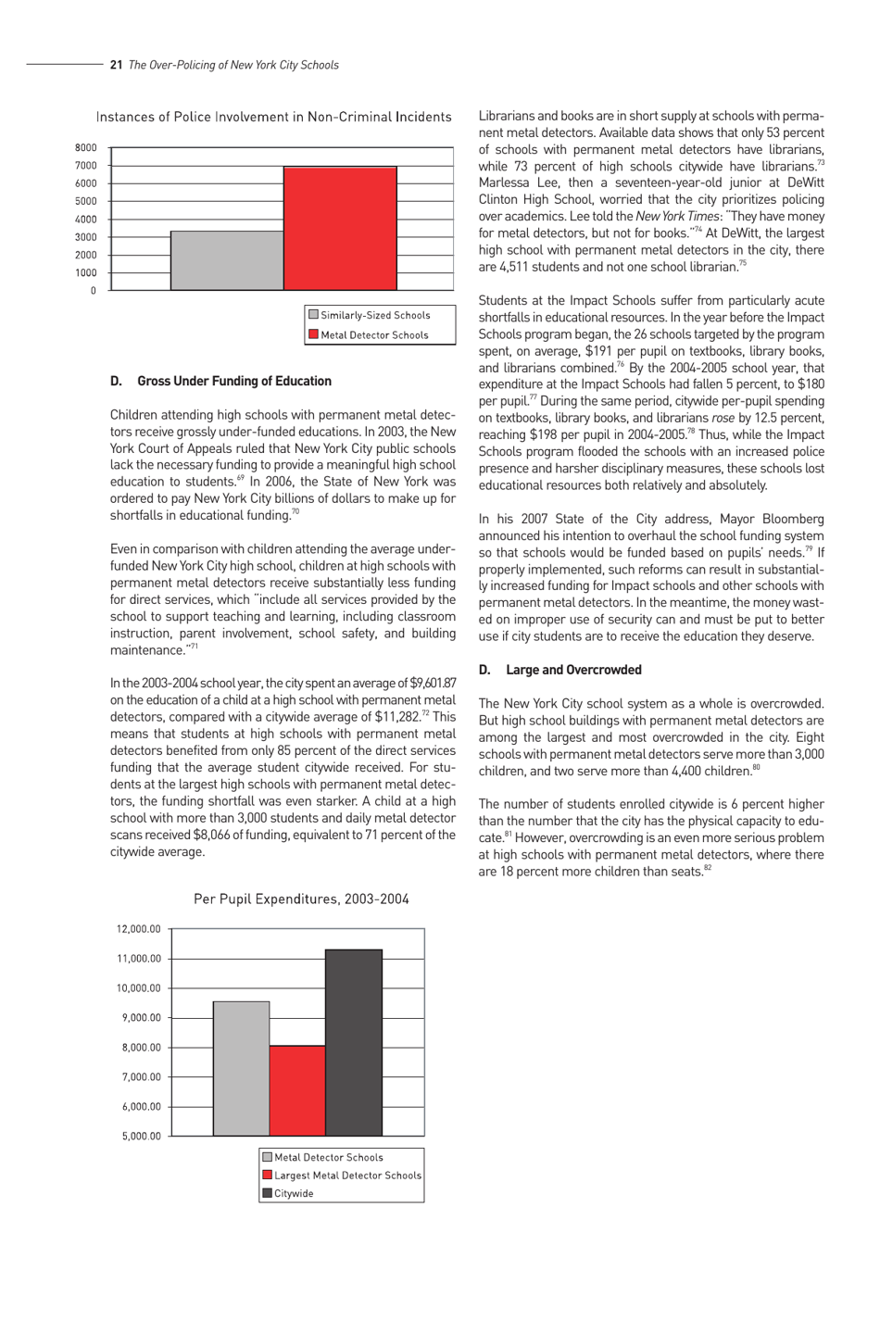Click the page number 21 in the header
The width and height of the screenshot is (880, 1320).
pyautogui.click(x=116, y=65)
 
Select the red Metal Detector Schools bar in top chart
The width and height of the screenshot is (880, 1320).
pyautogui.click(x=340, y=228)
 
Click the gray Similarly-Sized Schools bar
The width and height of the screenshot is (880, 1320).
pyautogui.click(x=227, y=260)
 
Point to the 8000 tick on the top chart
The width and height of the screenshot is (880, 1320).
pyautogui.click(x=85, y=148)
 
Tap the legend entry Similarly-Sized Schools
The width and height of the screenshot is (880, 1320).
pyautogui.click(x=374, y=316)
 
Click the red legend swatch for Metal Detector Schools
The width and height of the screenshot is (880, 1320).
pyautogui.click(x=313, y=334)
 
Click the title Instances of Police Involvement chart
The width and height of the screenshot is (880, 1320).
pyautogui.click(x=273, y=117)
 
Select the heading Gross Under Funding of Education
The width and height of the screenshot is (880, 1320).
pyautogui.click(x=233, y=381)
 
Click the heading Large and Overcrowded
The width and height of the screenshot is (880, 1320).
pyautogui.click(x=573, y=670)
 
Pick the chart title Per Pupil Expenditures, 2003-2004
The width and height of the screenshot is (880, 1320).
pyautogui.click(x=301, y=899)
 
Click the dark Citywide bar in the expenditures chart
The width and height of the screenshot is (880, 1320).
pyautogui.click(x=354, y=1042)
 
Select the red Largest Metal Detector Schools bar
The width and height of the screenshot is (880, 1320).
pyautogui.click(x=297, y=1090)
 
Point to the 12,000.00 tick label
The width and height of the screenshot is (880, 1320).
pyautogui.click(x=138, y=929)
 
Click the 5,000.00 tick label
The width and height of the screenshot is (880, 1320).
pyautogui.click(x=141, y=1137)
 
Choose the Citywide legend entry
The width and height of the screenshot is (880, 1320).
pyautogui.click(x=294, y=1194)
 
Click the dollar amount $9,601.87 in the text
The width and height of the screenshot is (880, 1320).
pyautogui.click(x=426, y=684)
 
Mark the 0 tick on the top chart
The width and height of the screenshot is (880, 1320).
pyautogui.click(x=93, y=291)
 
